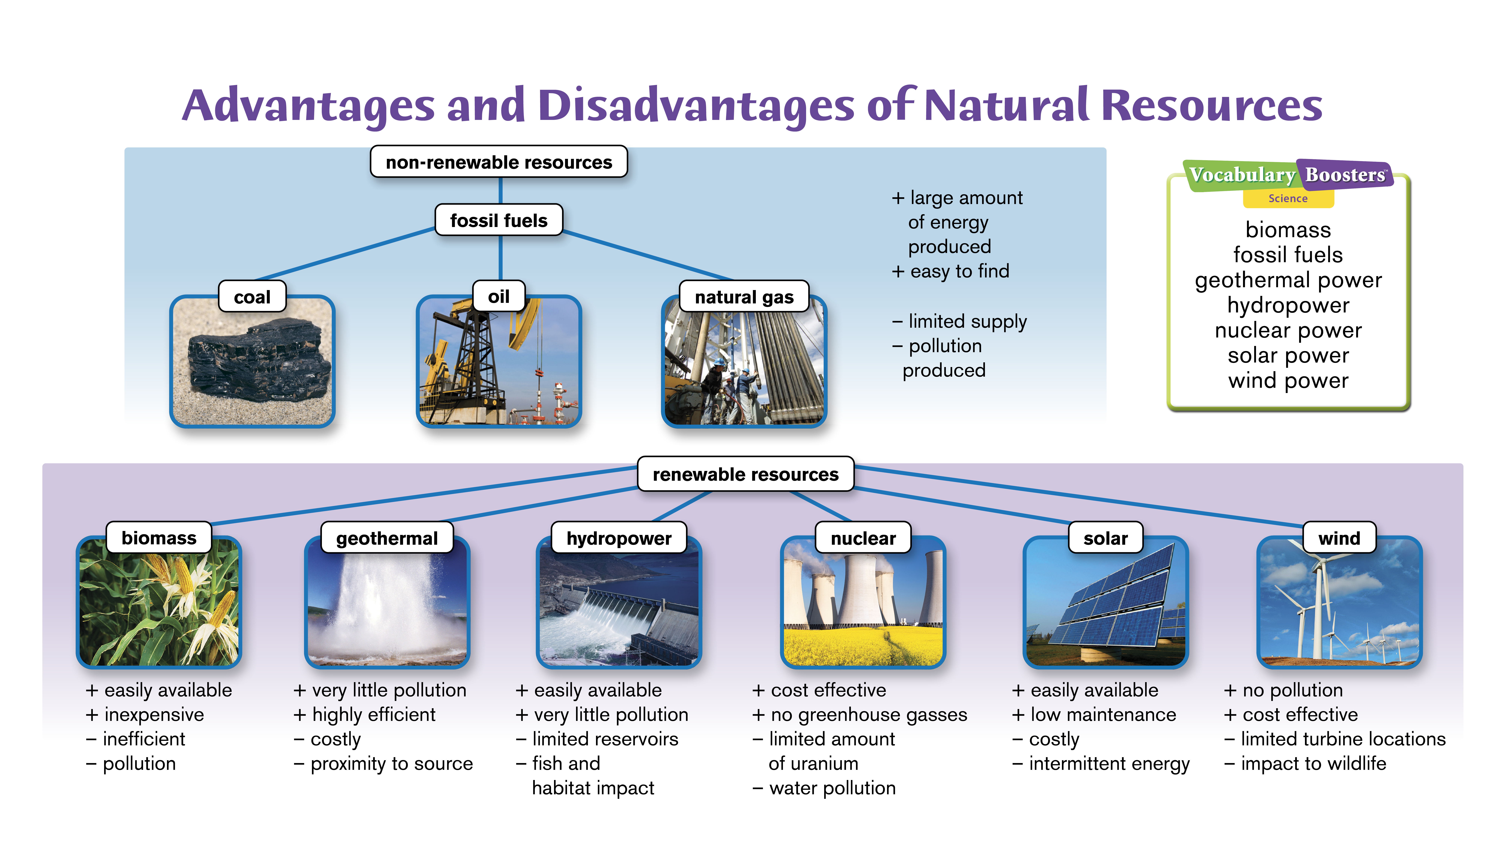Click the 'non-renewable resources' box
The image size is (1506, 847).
pos(499,162)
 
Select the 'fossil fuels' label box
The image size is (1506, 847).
pos(499,220)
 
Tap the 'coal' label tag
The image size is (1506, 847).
pos(252,297)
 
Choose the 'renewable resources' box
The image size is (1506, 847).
pos(745,474)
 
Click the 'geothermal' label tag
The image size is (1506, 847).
pos(387,538)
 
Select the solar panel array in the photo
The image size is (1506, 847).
pos(1114,602)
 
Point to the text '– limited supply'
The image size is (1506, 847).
pos(959,321)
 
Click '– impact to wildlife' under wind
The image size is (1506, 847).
pos(1305,763)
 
